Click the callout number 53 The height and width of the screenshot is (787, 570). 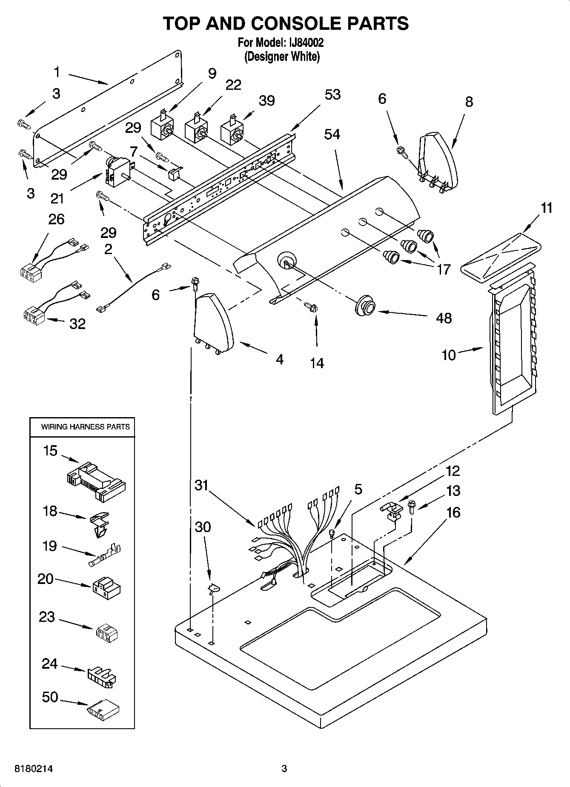click(332, 94)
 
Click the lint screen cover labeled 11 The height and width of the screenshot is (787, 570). click(501, 258)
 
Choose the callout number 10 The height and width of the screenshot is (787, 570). click(448, 355)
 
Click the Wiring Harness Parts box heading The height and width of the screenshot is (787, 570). click(85, 426)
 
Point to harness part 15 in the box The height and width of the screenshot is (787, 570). click(97, 481)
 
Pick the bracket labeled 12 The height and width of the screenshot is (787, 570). click(391, 509)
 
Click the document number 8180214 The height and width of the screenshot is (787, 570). click(34, 769)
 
